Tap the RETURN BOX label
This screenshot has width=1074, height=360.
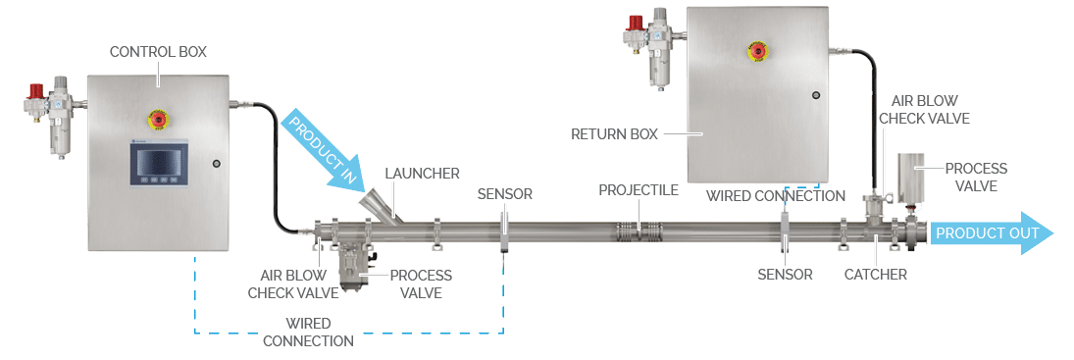pyautogui.click(x=615, y=133)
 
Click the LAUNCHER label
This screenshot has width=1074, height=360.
pyautogui.click(x=422, y=174)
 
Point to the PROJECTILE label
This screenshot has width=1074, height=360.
pyautogui.click(x=639, y=190)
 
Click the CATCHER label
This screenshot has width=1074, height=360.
pyautogui.click(x=875, y=275)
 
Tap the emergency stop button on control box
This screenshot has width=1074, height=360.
pyautogui.click(x=157, y=121)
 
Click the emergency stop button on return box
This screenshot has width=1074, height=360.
pyautogui.click(x=756, y=50)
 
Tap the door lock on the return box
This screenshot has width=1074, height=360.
pyautogui.click(x=814, y=95)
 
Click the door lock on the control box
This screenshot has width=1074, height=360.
pyautogui.click(x=216, y=163)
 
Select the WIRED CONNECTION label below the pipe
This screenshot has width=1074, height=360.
pyautogui.click(x=309, y=332)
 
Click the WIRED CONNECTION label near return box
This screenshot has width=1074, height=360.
pyautogui.click(x=775, y=196)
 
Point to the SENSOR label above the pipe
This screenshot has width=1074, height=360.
pyautogui.click(x=504, y=194)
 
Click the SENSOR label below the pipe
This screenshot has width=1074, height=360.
pyautogui.click(x=785, y=275)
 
